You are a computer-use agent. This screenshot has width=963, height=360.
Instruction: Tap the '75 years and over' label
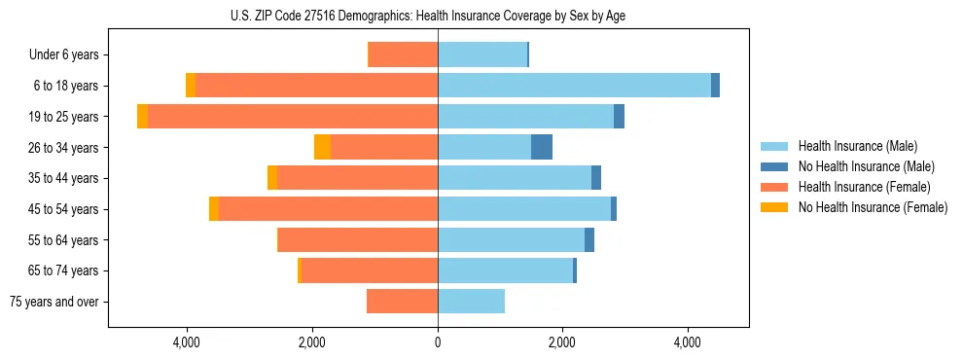click(54, 302)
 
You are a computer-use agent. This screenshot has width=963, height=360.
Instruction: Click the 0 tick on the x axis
click(438, 342)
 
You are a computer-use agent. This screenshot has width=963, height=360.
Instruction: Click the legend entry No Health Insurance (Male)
click(866, 166)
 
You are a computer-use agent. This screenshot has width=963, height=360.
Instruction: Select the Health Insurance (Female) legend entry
click(864, 187)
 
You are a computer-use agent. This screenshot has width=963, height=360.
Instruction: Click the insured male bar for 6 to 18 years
click(574, 86)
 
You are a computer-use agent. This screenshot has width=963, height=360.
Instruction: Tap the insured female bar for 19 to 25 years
click(293, 117)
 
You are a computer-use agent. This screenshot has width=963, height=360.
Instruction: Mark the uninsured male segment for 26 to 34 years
click(542, 147)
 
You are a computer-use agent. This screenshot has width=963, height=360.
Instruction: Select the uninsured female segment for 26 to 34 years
click(322, 147)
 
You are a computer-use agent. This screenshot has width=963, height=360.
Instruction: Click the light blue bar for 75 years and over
click(471, 302)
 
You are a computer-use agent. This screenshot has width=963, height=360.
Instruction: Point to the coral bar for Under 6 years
click(404, 54)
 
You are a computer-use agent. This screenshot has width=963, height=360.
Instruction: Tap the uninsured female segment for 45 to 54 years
click(214, 209)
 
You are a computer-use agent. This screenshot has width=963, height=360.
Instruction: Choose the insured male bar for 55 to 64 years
click(511, 239)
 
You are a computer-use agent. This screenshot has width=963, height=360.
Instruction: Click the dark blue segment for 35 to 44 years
click(596, 178)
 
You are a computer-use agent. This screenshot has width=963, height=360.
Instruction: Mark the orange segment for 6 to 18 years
click(191, 86)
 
